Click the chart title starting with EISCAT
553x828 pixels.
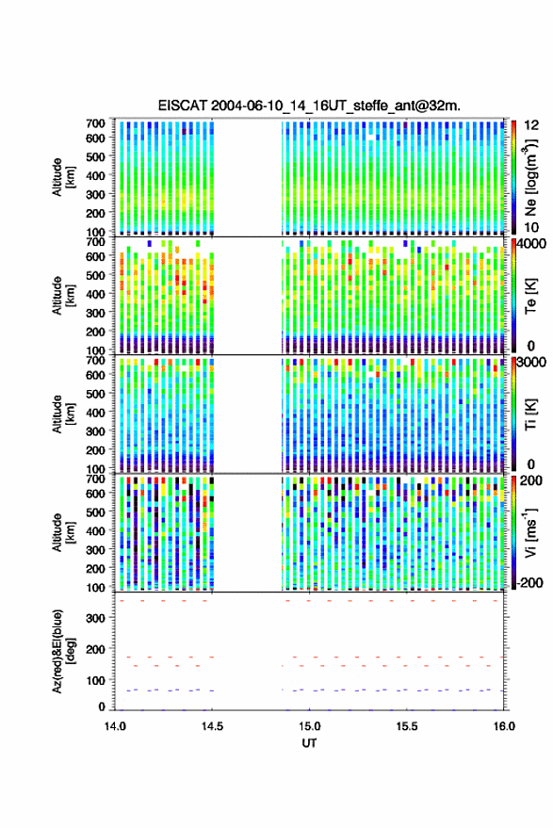[309, 106]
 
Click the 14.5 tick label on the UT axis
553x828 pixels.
[212, 726]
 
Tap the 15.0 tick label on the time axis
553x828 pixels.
[309, 726]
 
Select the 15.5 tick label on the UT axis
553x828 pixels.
[407, 726]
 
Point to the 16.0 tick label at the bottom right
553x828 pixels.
[504, 726]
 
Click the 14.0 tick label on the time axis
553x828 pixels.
[115, 726]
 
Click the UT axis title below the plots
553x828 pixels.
[310, 743]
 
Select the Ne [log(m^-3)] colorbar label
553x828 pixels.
[531, 177]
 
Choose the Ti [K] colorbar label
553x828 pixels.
[531, 414]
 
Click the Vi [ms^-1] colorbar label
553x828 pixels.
[531, 533]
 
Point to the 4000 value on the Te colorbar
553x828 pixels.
[532, 245]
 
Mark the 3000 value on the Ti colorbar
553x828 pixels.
[532, 363]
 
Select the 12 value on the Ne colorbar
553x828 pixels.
[532, 125]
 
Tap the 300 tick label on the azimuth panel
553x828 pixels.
[95, 618]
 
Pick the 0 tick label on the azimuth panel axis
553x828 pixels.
[102, 706]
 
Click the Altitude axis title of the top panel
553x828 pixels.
[63, 177]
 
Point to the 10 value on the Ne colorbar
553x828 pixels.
[532, 228]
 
